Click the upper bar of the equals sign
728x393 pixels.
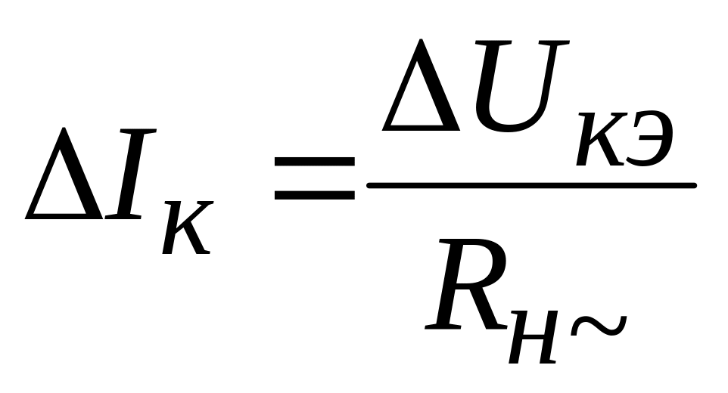pyautogui.click(x=314, y=161)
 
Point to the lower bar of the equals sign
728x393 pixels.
pyautogui.click(x=314, y=195)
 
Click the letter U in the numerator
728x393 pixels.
pyautogui.click(x=509, y=85)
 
